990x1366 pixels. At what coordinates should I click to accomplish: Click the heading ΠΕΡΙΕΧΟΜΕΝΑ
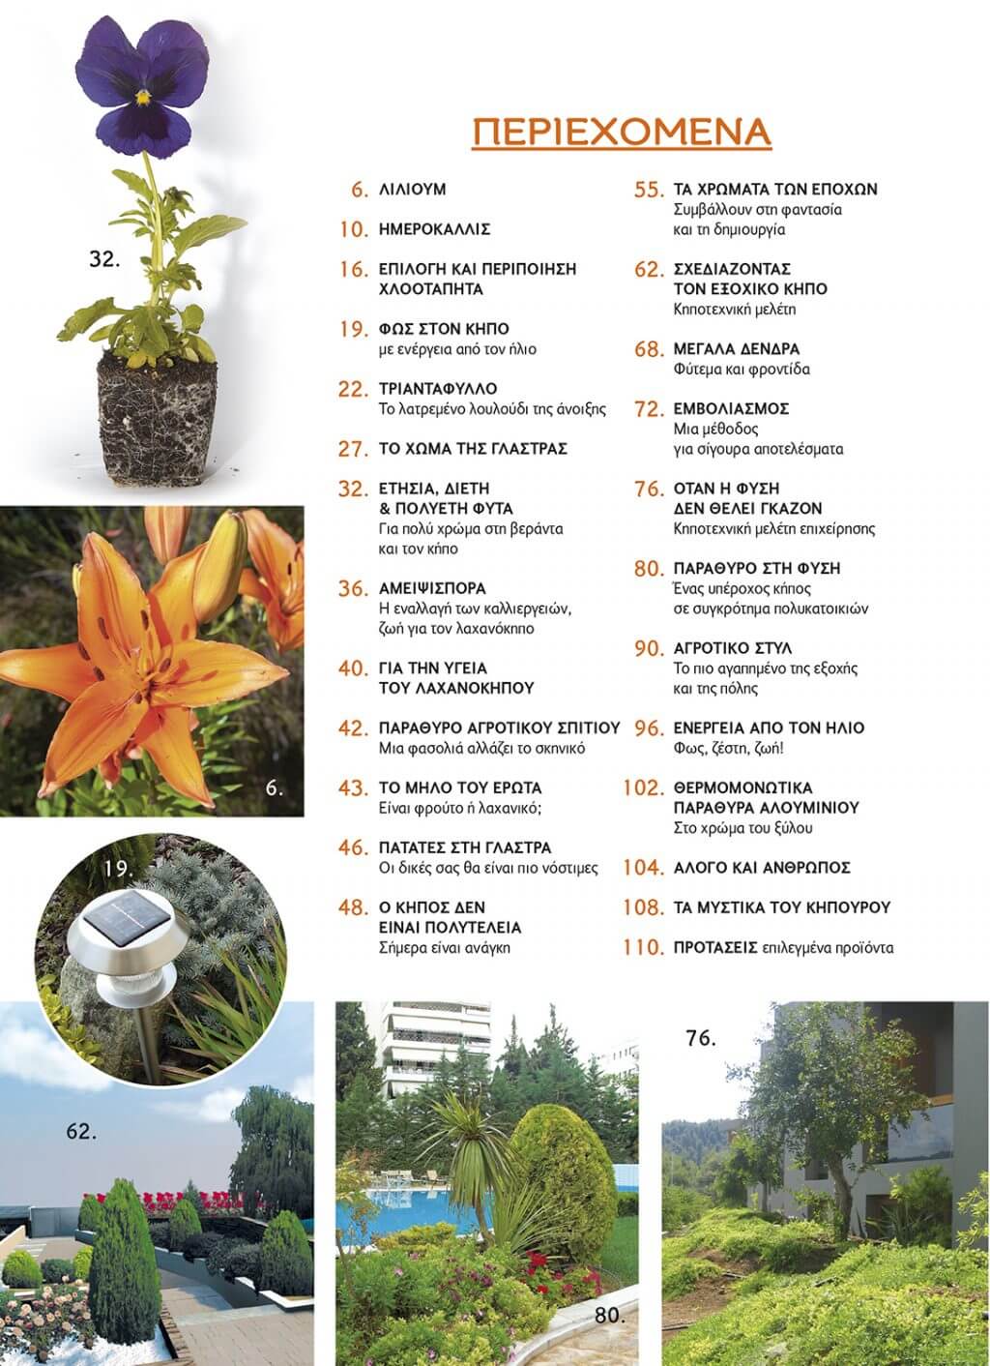[622, 132]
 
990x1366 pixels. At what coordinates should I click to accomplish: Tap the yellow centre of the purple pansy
[143, 97]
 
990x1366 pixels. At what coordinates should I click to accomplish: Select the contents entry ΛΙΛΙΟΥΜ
[413, 190]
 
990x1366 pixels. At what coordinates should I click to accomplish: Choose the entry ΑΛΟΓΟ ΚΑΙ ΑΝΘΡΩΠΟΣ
[762, 868]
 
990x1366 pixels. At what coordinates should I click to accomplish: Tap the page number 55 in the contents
[648, 190]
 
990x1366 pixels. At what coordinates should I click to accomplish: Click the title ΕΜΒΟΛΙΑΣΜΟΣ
[732, 408]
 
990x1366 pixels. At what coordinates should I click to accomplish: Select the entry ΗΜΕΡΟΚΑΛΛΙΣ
[435, 229]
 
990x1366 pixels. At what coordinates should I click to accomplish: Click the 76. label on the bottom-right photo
[700, 1039]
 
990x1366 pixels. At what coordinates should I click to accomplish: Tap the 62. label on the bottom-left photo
[81, 1130]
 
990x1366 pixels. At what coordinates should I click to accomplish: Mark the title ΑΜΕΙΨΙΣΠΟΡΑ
[432, 588]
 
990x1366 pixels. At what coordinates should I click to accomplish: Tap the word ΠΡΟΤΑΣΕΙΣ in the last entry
[714, 948]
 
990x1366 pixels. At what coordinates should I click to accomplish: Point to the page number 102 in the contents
[644, 788]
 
